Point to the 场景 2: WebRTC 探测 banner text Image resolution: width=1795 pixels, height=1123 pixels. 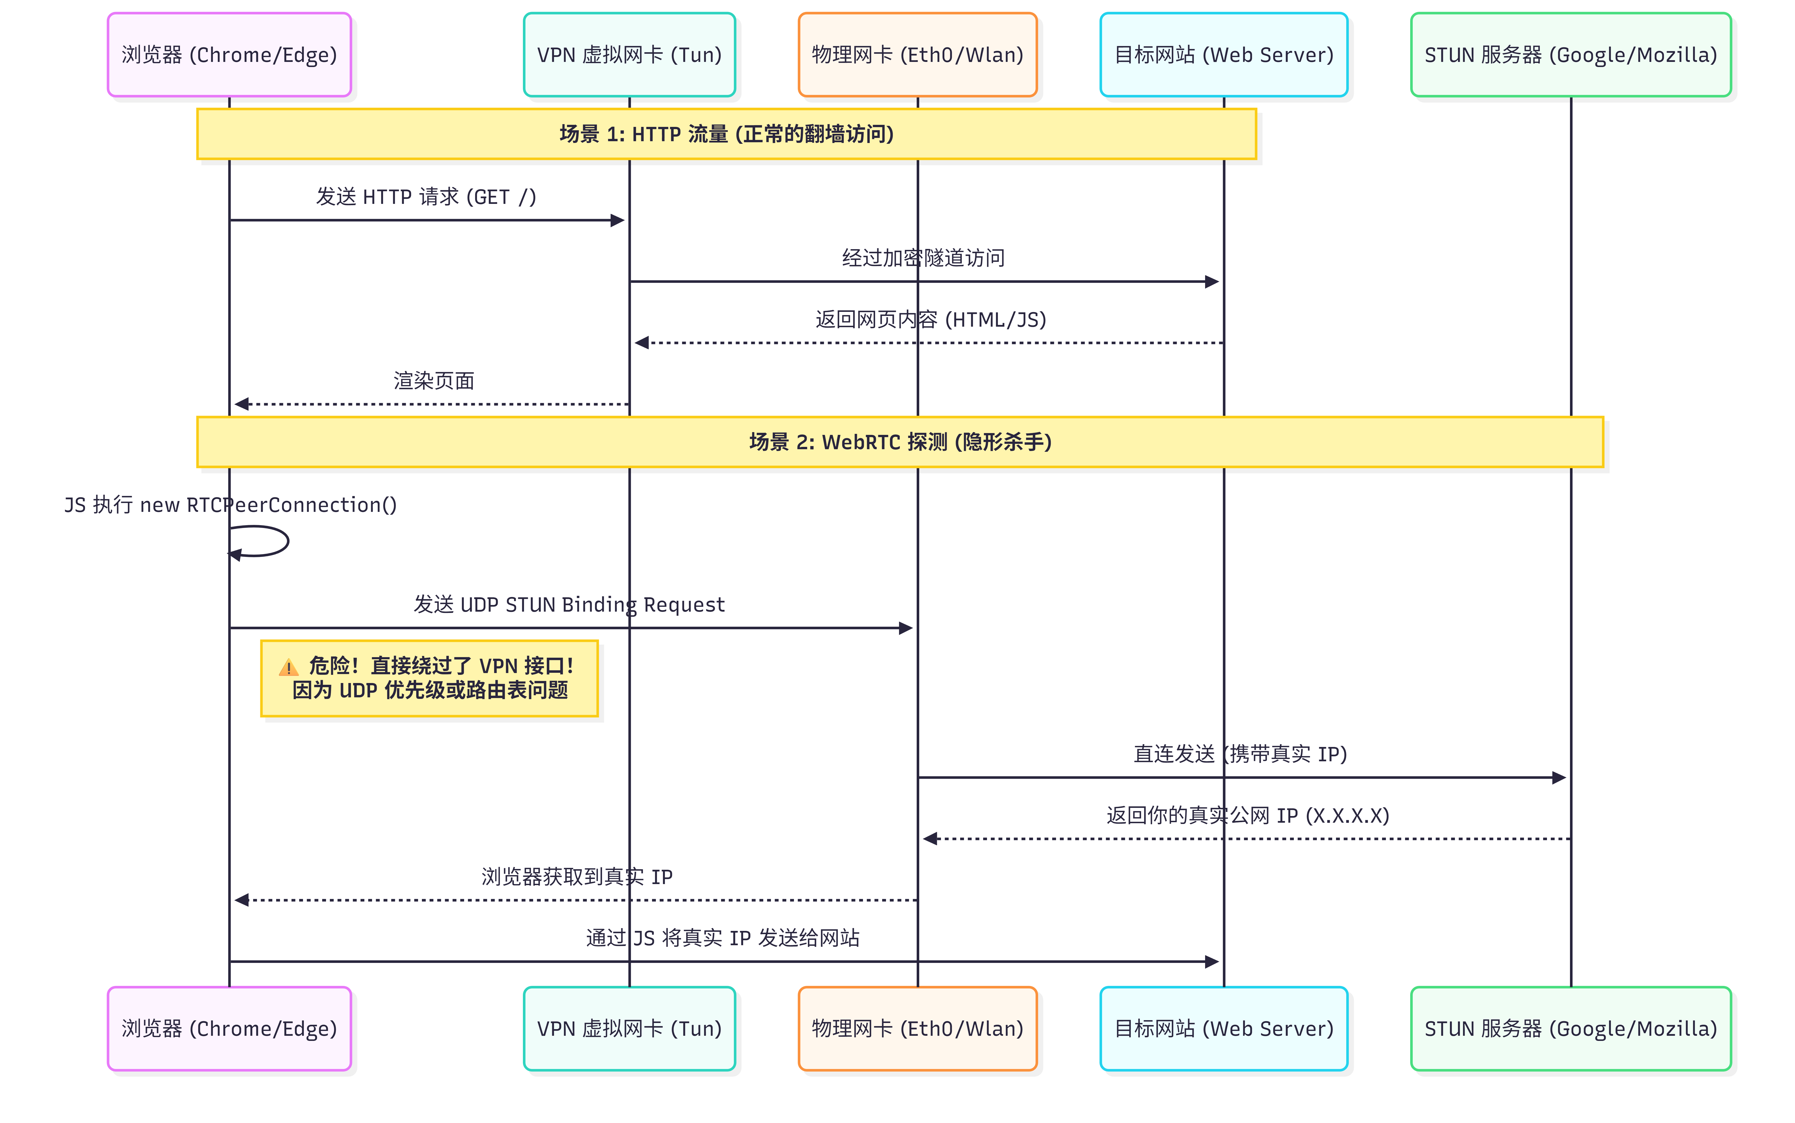tap(900, 442)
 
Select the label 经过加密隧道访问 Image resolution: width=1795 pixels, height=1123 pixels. tap(923, 258)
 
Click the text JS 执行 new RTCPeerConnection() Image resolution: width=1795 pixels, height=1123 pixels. tap(230, 505)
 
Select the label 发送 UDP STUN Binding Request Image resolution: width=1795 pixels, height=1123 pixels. tap(569, 604)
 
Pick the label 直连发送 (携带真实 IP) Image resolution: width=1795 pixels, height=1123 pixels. tap(1240, 754)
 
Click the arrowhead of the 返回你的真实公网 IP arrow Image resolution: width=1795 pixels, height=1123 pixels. tap(929, 839)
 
